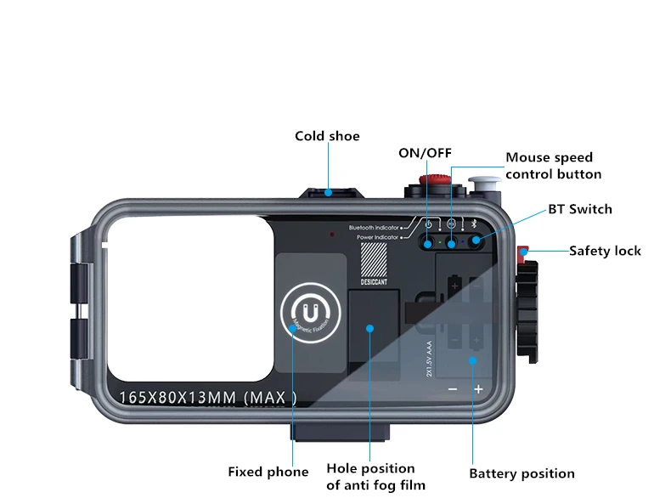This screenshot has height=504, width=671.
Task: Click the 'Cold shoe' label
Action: click(x=327, y=136)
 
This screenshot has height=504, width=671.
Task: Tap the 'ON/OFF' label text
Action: click(x=425, y=153)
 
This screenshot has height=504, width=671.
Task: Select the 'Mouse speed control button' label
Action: click(x=553, y=166)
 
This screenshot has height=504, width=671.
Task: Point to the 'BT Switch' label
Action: click(x=579, y=209)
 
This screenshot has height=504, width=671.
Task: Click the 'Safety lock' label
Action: click(x=605, y=251)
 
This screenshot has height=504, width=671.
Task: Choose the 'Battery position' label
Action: click(x=522, y=473)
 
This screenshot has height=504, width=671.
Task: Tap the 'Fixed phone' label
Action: click(x=268, y=472)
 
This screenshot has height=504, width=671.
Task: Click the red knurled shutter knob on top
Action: click(x=434, y=181)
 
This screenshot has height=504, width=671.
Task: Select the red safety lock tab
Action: click(x=524, y=252)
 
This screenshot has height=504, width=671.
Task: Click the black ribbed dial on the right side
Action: click(x=529, y=310)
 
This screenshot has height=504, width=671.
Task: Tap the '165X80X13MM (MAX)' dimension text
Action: click(x=208, y=396)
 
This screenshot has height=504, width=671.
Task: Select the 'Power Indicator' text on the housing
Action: click(x=378, y=237)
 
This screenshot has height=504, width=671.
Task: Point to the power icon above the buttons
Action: click(x=430, y=225)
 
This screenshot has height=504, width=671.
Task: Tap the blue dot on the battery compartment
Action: click(x=472, y=360)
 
